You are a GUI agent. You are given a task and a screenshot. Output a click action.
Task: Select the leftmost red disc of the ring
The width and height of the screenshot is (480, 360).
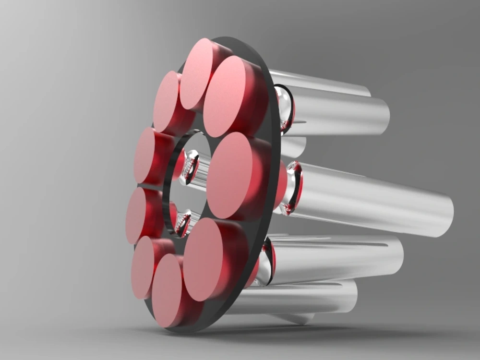click(x=141, y=216)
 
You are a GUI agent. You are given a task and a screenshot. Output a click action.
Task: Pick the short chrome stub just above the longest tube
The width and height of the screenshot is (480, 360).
click(x=293, y=147)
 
